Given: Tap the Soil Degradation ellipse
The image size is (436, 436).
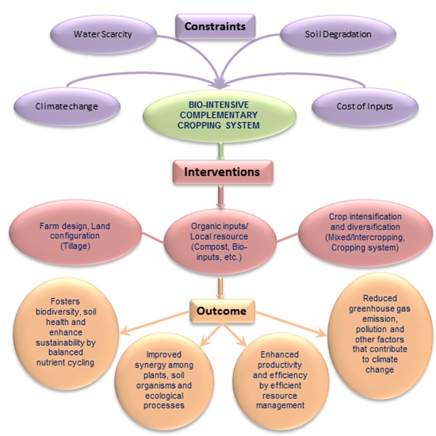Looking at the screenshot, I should coord(326,34).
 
